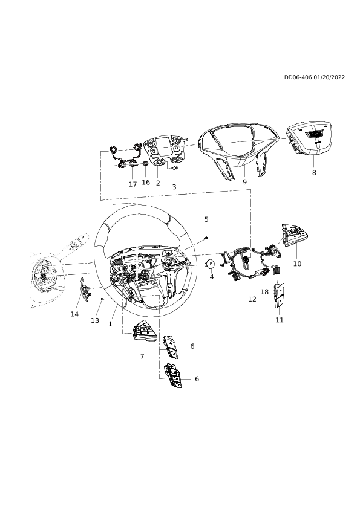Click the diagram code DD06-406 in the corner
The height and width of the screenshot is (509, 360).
[x=298, y=77]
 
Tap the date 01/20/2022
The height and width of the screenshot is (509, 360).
[x=329, y=77]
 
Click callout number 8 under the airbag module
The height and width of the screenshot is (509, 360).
[x=314, y=173]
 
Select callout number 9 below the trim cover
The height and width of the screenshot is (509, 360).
[x=244, y=182]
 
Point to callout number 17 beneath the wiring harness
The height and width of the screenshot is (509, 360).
[x=133, y=184]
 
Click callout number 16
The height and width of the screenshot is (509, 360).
[x=146, y=183]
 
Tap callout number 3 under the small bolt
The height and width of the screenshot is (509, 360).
[x=174, y=187]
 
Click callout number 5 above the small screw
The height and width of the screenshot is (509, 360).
[x=206, y=219]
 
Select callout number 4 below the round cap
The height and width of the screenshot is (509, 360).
[x=212, y=277]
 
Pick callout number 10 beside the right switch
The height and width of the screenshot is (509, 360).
[x=297, y=264]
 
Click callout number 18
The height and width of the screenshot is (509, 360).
[x=264, y=292]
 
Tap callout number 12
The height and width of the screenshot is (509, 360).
[x=252, y=299]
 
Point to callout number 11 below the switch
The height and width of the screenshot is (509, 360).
[x=280, y=320]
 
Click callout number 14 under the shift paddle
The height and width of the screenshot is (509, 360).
[x=75, y=314]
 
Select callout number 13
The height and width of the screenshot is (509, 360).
[x=95, y=321]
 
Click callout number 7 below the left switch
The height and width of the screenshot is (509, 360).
[x=142, y=357]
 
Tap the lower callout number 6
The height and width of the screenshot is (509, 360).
[x=197, y=379]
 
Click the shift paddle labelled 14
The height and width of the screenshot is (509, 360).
[x=85, y=290]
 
